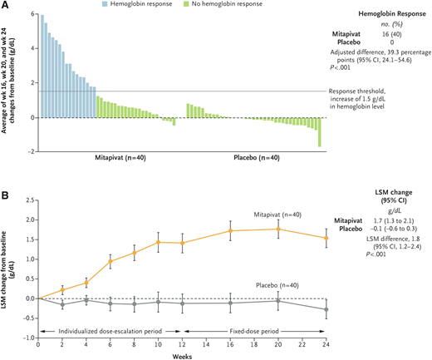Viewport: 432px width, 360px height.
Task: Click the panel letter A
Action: (6, 6)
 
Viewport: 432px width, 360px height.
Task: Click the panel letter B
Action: (6, 197)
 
